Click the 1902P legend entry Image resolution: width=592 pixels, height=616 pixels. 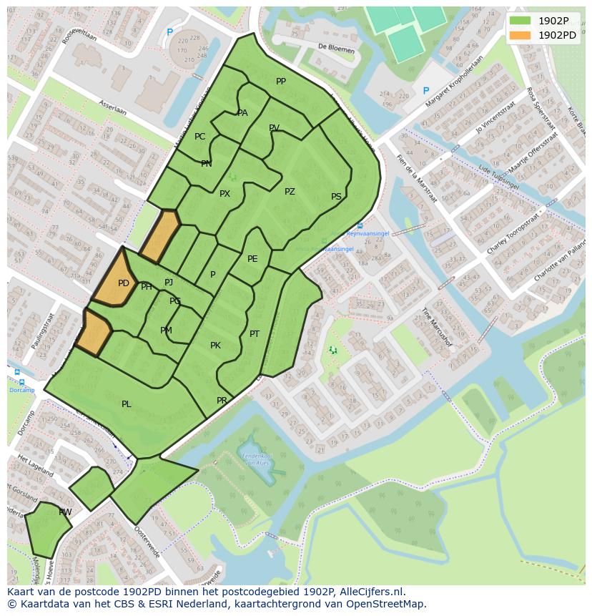(552, 20)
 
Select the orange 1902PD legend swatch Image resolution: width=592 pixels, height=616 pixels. (520, 35)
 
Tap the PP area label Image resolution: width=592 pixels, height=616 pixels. (281, 82)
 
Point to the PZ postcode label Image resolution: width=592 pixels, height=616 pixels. (290, 192)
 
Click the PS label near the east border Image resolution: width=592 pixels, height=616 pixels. (336, 197)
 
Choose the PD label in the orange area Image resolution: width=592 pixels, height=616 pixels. (124, 283)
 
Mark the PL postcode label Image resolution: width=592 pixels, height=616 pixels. (127, 404)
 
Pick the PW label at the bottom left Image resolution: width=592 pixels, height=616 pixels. (65, 512)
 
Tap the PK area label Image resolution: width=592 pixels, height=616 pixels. (215, 346)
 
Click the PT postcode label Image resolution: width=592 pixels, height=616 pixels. (255, 334)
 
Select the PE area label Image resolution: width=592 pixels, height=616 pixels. (252, 259)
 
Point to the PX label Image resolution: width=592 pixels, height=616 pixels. (225, 194)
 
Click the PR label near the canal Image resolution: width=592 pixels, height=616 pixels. (222, 401)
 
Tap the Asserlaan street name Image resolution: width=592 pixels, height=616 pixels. (113, 107)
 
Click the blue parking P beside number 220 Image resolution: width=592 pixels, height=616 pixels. (426, 91)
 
